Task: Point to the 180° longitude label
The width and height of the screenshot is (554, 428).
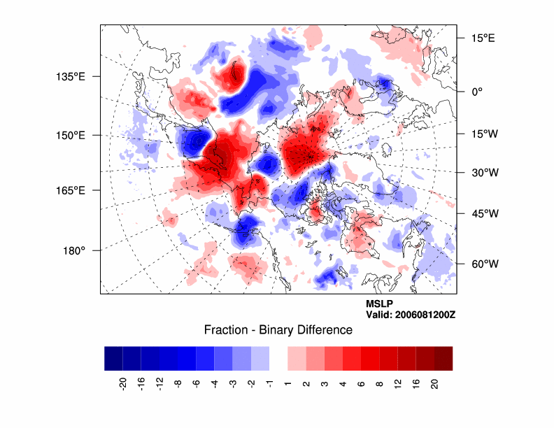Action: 74,250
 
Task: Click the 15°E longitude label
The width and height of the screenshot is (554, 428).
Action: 483,38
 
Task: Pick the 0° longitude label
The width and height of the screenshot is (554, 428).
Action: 478,92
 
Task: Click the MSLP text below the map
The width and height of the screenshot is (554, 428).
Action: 379,304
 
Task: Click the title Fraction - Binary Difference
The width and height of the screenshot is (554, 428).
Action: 278,330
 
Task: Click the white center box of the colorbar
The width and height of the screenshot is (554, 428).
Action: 278,358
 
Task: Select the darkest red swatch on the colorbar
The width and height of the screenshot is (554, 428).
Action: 443,358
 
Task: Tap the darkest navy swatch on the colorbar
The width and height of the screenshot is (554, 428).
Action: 113,358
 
